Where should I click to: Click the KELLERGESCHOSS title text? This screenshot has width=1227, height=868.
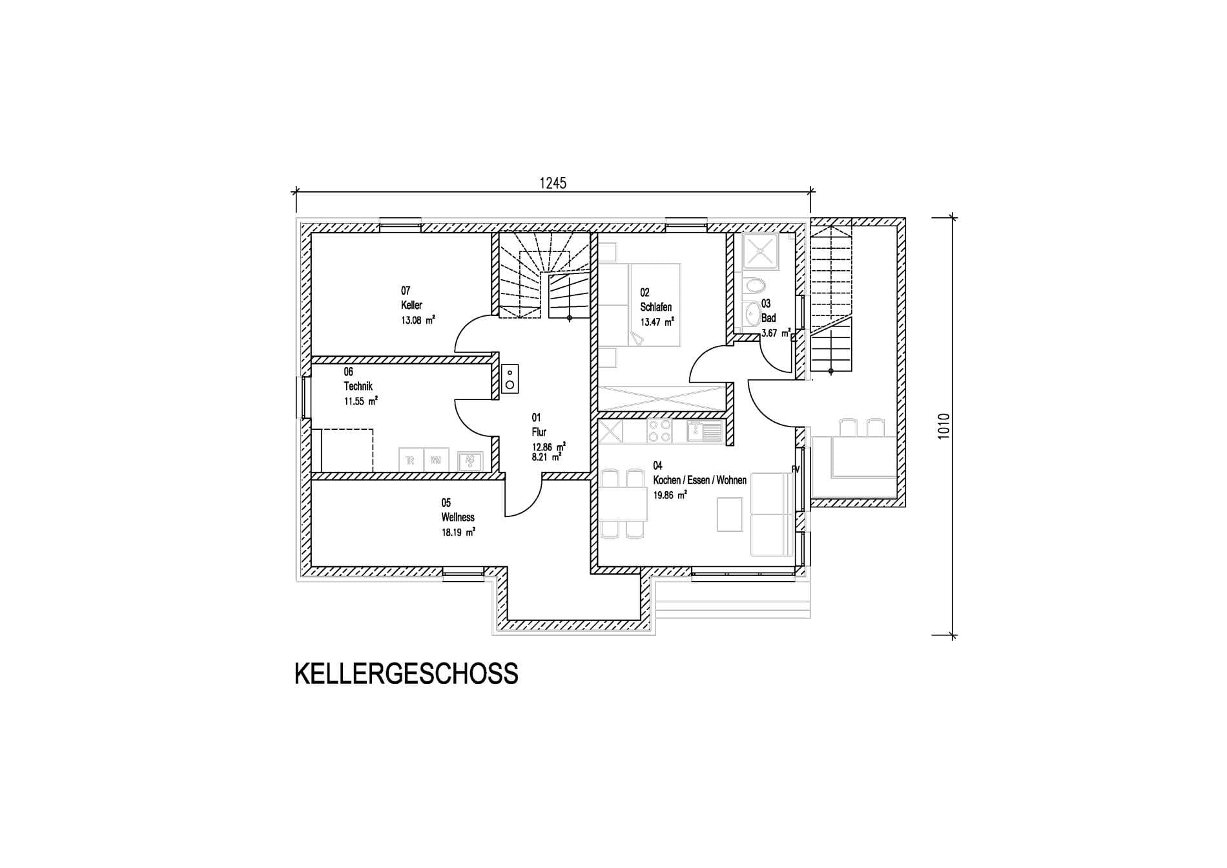tap(406, 673)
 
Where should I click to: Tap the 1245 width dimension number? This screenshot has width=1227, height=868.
tap(553, 184)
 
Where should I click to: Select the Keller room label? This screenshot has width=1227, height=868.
tap(411, 305)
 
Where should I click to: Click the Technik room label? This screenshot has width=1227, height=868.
tap(358, 386)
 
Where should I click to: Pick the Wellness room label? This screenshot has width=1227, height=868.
tap(458, 517)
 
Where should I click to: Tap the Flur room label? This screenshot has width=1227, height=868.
tap(539, 432)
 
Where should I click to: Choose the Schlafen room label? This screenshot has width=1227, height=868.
tap(655, 307)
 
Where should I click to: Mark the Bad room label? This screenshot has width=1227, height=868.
tap(768, 318)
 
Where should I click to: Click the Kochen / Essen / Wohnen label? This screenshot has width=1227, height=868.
tap(699, 480)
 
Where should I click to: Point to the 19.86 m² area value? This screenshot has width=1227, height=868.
tap(670, 496)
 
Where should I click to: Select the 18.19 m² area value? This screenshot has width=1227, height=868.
tap(459, 533)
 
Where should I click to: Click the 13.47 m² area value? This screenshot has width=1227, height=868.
tap(657, 322)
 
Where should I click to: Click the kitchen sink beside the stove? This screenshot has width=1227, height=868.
tap(704, 431)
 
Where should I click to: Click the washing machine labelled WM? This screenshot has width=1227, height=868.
tap(436, 460)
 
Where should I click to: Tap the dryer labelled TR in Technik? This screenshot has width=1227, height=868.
tap(410, 460)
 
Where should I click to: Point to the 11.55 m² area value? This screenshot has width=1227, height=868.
tap(360, 401)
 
